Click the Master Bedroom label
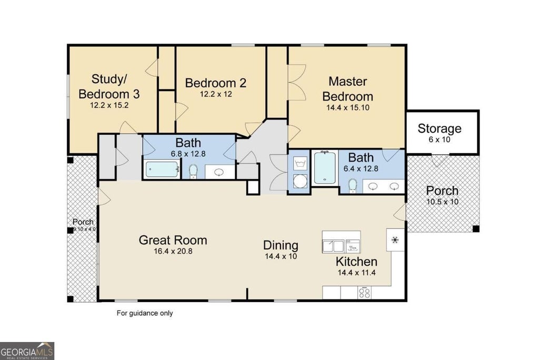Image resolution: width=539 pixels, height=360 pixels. (x=347, y=89)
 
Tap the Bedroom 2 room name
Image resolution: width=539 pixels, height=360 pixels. (x=215, y=83)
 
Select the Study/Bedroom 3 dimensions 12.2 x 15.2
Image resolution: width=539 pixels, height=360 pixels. (x=109, y=105)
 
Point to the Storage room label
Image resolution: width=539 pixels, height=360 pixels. (x=440, y=128)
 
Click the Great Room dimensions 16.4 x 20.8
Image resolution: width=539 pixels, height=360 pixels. (x=173, y=251)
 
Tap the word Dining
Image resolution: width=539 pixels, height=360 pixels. (x=281, y=245)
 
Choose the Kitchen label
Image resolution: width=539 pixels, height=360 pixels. (x=356, y=262)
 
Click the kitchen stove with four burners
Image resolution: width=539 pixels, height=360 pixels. (x=364, y=293)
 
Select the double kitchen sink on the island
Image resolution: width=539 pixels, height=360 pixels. (x=333, y=246)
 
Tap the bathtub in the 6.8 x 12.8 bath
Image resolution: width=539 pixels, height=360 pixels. (x=161, y=169)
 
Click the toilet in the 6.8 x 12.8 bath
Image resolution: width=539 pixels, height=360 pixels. (x=193, y=172)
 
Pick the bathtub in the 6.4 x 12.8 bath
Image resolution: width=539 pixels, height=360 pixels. (x=324, y=168)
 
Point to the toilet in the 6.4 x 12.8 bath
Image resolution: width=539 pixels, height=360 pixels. (x=352, y=186)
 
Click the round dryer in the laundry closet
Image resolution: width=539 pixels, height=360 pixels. (x=300, y=181)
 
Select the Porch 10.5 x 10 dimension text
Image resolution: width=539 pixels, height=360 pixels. (x=442, y=202)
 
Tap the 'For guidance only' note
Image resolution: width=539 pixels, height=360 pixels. (x=145, y=313)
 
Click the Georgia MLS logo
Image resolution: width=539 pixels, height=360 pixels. (x=27, y=351)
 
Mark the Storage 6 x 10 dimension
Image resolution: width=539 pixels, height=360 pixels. (x=440, y=139)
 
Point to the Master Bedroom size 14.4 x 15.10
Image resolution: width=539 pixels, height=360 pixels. (x=347, y=107)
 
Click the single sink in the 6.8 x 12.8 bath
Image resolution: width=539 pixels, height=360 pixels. (x=219, y=172)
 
